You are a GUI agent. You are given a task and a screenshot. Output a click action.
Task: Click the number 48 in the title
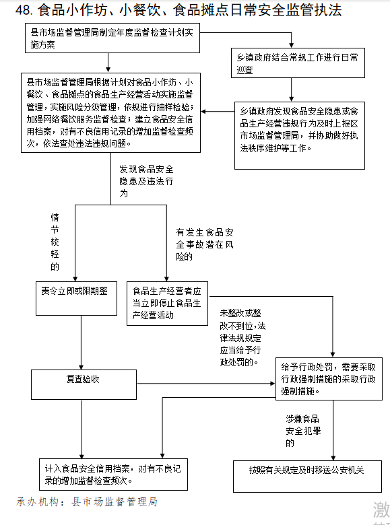pos(24,10)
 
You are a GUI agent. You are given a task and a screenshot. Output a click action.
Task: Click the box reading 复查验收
pos(84,384)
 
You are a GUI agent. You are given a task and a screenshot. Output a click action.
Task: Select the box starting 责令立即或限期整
pos(76,298)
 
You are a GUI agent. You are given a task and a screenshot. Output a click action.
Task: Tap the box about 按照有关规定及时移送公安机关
pos(307,476)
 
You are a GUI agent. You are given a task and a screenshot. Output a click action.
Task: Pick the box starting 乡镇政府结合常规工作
pos(298,63)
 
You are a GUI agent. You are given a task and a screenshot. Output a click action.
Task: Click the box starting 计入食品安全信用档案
pos(113,475)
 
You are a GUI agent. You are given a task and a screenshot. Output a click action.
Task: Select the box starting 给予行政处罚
pos(329,379)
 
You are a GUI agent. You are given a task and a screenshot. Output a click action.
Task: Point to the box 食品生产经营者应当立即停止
pos(167,304)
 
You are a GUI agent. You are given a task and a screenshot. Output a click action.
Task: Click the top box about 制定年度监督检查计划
pos(112,38)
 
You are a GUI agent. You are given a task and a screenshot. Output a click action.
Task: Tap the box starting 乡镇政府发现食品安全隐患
pos(300,135)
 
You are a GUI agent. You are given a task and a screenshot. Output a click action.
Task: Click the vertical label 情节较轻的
pos(55,242)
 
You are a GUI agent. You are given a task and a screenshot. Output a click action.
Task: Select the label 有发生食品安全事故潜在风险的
pos(205,244)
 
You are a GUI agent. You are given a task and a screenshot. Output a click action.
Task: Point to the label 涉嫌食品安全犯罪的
pos(303,431)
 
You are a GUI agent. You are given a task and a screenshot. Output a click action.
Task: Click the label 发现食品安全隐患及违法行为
pos(146,181)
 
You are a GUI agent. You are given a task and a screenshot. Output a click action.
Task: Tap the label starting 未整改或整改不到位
pos(242,337)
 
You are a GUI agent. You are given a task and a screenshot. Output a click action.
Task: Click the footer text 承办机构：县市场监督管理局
pos(87,501)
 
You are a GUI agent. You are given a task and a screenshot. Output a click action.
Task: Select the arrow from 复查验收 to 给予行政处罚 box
pos(206,384)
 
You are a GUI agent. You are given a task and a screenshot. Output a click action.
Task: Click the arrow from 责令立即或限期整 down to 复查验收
pos(81,343)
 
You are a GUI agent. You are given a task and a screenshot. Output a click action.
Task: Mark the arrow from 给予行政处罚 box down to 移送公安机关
pos(333,430)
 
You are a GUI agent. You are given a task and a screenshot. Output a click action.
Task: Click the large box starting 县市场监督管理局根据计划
pos(111,113)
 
